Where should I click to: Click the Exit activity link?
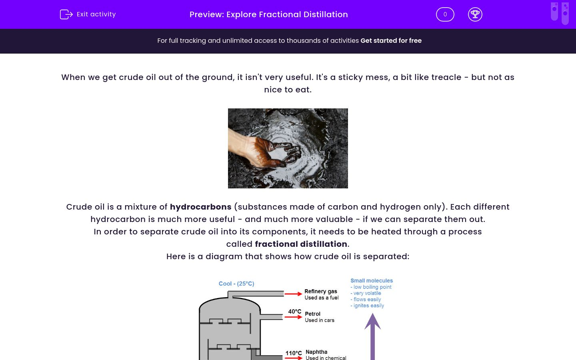tap(96, 14)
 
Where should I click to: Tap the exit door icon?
tap(66, 14)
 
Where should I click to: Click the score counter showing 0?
tap(445, 14)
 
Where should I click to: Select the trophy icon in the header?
tap(475, 14)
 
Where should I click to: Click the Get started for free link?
tap(391, 40)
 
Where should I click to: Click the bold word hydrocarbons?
tap(200, 207)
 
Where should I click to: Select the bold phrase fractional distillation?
tap(301, 244)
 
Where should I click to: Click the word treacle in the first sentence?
tap(446, 77)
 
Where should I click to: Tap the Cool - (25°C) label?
tap(236, 284)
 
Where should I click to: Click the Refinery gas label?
tap(320, 291)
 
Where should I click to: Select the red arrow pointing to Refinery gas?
tap(293, 294)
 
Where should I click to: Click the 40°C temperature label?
tap(294, 311)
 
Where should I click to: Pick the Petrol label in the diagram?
tap(312, 314)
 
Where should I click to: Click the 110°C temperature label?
tap(293, 353)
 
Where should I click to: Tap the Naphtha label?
tap(316, 352)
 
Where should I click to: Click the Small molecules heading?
tap(372, 280)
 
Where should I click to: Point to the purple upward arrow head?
tap(372, 321)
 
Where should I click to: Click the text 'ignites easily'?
tap(368, 306)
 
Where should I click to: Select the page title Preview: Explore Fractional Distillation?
tap(268, 14)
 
